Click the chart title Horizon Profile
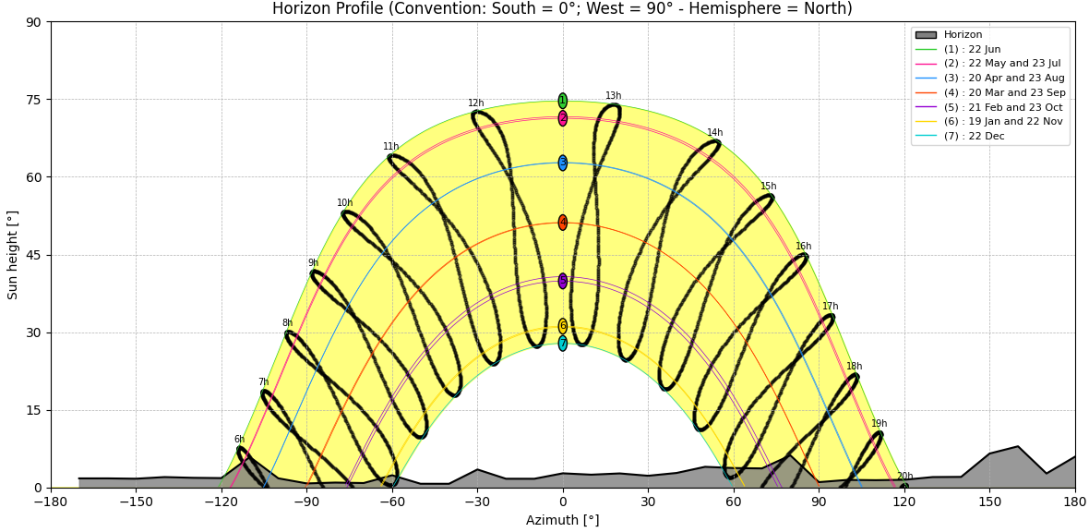pyautogui.click(x=562, y=9)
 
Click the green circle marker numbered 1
pyautogui.click(x=562, y=101)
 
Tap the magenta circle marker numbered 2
pyautogui.click(x=562, y=118)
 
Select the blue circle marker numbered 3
pyautogui.click(x=562, y=163)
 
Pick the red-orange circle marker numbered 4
pyautogui.click(x=562, y=223)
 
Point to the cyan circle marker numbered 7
pyautogui.click(x=562, y=344)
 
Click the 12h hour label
pyautogui.click(x=475, y=103)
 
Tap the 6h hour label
pyautogui.click(x=239, y=440)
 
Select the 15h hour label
pyautogui.click(x=768, y=187)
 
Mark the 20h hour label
pyautogui.click(x=904, y=477)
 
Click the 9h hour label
pyautogui.click(x=313, y=263)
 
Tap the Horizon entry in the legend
pyautogui.click(x=963, y=35)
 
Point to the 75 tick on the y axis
pyautogui.click(x=35, y=100)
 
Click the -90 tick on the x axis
pyautogui.click(x=306, y=502)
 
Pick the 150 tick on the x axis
pyautogui.click(x=989, y=502)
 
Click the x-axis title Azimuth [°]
pyautogui.click(x=562, y=520)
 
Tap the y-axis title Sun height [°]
pyautogui.click(x=13, y=255)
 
